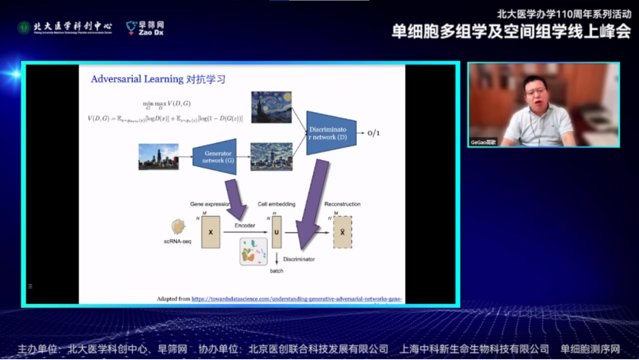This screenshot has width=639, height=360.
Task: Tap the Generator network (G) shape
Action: pyautogui.click(x=215, y=156)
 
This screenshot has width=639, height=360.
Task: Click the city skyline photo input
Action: pyautogui.click(x=158, y=156)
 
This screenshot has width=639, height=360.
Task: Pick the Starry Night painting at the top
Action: pyautogui.click(x=271, y=107)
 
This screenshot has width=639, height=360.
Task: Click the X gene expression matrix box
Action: pyautogui.click(x=211, y=232)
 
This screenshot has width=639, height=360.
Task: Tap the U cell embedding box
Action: pyautogui.click(x=277, y=232)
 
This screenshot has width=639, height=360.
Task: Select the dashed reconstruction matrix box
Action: pyautogui.click(x=341, y=232)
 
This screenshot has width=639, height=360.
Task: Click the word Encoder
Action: pyautogui.click(x=245, y=225)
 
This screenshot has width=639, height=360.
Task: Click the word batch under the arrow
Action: pyautogui.click(x=277, y=271)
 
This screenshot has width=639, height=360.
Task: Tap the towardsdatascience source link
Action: pyautogui.click(x=296, y=298)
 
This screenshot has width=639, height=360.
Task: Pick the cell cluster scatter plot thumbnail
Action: pyautogui.click(x=253, y=252)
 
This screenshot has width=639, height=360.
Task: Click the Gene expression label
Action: pyautogui.click(x=210, y=205)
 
